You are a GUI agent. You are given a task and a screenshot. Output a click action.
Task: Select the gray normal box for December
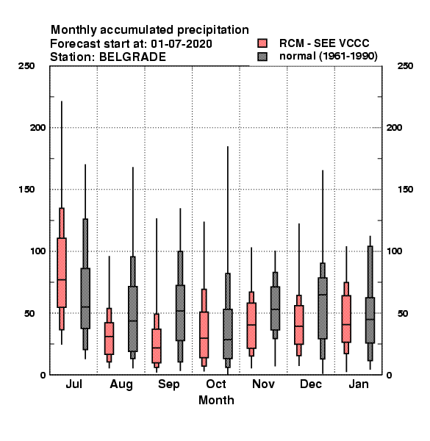coord(323,308)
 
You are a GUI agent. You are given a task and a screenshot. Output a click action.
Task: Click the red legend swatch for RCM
coord(262,43)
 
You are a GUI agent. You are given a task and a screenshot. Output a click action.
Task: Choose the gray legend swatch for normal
coord(262,57)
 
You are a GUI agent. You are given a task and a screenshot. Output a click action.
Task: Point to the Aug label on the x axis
coord(121,384)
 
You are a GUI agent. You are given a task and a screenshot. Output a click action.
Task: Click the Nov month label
coord(263,384)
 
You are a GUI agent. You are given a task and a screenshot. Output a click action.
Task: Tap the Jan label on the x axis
coord(359,384)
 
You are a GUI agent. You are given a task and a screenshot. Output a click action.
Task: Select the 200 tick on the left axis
coord(37,128)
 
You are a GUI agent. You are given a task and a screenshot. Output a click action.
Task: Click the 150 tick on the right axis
coord(405,190)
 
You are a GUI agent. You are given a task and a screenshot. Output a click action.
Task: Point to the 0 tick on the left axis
coord(43,375)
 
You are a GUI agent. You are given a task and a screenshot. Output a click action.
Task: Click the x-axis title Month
coord(216,401)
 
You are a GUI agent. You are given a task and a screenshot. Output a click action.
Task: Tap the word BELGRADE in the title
coord(132,57)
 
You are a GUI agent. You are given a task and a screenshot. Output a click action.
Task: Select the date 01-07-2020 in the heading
coord(182,44)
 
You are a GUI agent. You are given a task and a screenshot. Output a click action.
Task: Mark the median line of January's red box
coord(346,325)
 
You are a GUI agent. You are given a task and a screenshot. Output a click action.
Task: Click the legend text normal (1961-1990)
coord(329,57)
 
